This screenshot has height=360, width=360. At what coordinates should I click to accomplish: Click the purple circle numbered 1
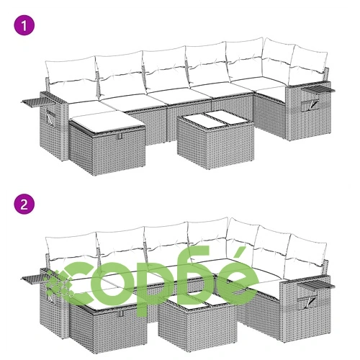24,25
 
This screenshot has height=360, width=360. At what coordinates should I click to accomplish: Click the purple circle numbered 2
24,204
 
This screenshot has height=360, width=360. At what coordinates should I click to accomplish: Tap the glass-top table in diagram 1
215,139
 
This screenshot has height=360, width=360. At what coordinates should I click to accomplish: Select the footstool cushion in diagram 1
107,121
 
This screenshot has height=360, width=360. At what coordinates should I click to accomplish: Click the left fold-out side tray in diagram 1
31,102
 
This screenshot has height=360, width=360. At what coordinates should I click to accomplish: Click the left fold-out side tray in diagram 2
32,279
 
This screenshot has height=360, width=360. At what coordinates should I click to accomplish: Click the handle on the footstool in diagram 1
120,137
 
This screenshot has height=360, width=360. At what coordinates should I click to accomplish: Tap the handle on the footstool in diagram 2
120,313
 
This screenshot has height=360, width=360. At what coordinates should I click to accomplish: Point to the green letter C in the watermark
82,283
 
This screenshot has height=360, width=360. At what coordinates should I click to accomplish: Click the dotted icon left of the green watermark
57,282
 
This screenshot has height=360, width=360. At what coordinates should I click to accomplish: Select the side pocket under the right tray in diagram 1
310,105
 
